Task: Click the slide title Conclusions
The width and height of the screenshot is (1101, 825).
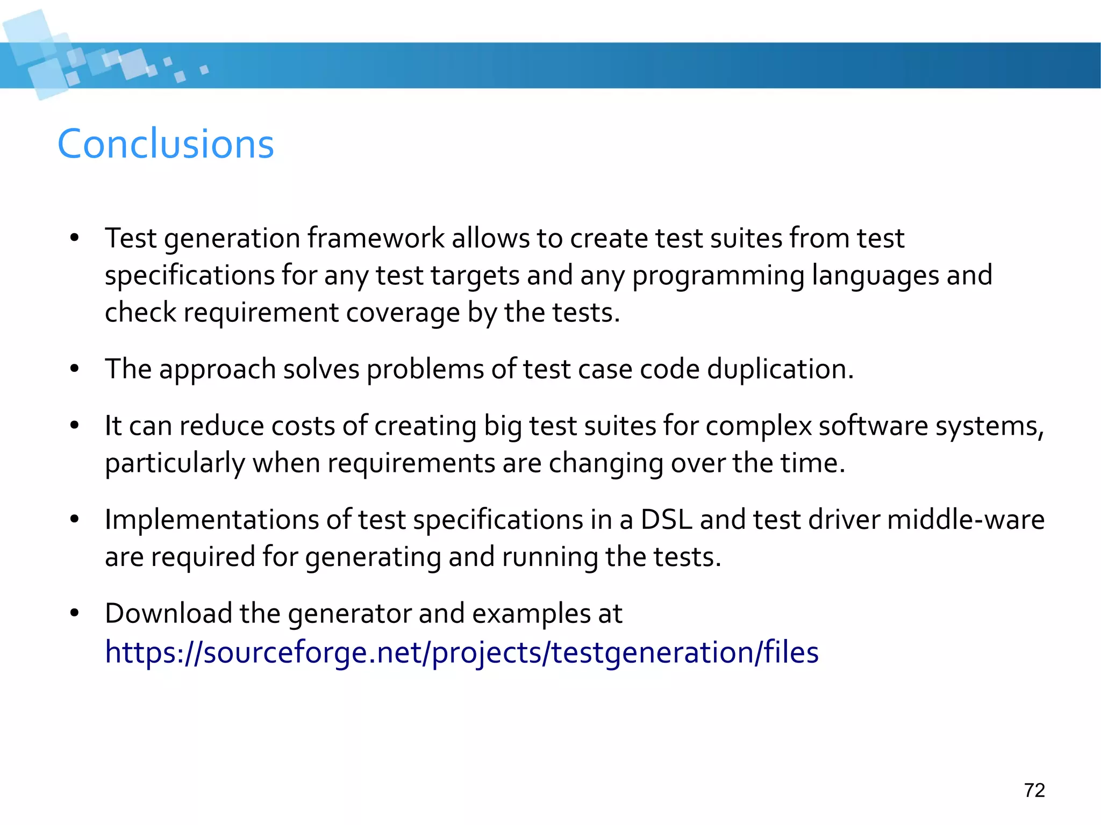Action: tap(166, 144)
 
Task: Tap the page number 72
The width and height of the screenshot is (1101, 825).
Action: tap(1034, 790)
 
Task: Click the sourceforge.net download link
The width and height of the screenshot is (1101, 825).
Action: tap(461, 652)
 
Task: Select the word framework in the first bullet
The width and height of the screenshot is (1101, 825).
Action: tap(376, 238)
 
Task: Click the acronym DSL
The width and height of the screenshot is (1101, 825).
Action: tap(666, 520)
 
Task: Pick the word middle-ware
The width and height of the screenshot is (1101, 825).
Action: tap(966, 520)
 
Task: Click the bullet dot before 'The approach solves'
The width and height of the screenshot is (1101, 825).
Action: tap(74, 369)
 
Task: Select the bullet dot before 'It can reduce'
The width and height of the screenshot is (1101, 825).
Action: tap(74, 426)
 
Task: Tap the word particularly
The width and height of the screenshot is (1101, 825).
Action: tap(175, 463)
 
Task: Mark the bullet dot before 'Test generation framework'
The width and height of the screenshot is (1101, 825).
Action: tap(74, 238)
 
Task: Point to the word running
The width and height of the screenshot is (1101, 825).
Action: tap(549, 557)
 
